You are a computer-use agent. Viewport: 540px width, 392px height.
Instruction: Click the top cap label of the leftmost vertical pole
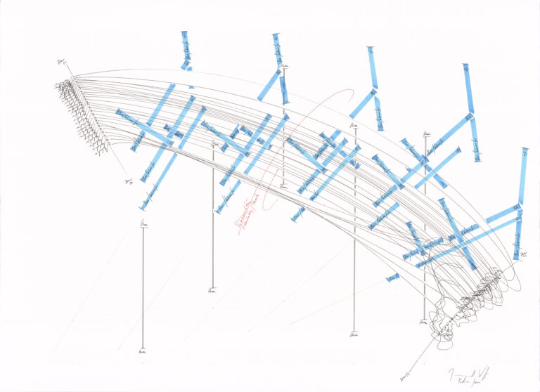click(143, 224)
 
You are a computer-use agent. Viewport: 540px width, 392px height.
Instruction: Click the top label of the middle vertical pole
click(284, 67)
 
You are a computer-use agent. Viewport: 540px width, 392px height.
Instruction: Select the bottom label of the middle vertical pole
click(283, 187)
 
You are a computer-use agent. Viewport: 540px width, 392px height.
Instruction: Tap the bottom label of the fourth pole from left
click(354, 334)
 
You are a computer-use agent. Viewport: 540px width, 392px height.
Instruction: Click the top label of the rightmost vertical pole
click(426, 133)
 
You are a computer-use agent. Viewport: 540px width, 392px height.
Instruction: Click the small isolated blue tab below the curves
click(392, 278)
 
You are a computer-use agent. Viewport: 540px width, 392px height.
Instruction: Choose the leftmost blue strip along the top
click(185, 49)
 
